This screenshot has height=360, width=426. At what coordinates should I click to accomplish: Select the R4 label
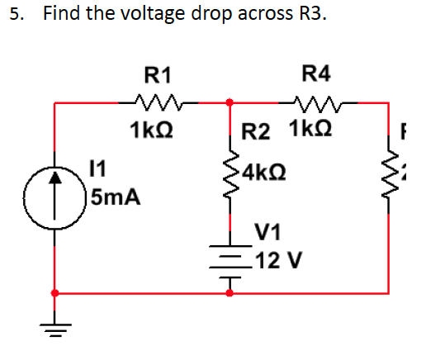pyautogui.click(x=316, y=74)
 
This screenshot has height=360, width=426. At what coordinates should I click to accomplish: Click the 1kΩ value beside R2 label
pyautogui.click(x=310, y=130)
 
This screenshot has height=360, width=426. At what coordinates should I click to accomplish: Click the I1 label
pyautogui.click(x=97, y=171)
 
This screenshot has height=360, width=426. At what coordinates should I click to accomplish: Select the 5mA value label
pyautogui.click(x=116, y=198)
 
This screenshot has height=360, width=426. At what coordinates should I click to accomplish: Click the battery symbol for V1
pyautogui.click(x=230, y=261)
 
